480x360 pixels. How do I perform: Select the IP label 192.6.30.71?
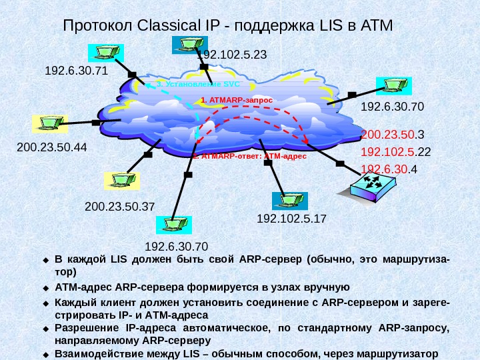point(75,70)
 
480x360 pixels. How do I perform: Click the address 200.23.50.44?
point(52,146)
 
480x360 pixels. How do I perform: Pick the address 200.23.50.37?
point(120,207)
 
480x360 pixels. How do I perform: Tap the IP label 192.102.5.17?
point(291,218)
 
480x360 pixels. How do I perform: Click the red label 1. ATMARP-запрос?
point(237,99)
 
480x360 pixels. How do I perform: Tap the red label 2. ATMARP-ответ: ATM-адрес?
point(249,157)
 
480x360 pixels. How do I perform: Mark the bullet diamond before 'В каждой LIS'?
point(47,259)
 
